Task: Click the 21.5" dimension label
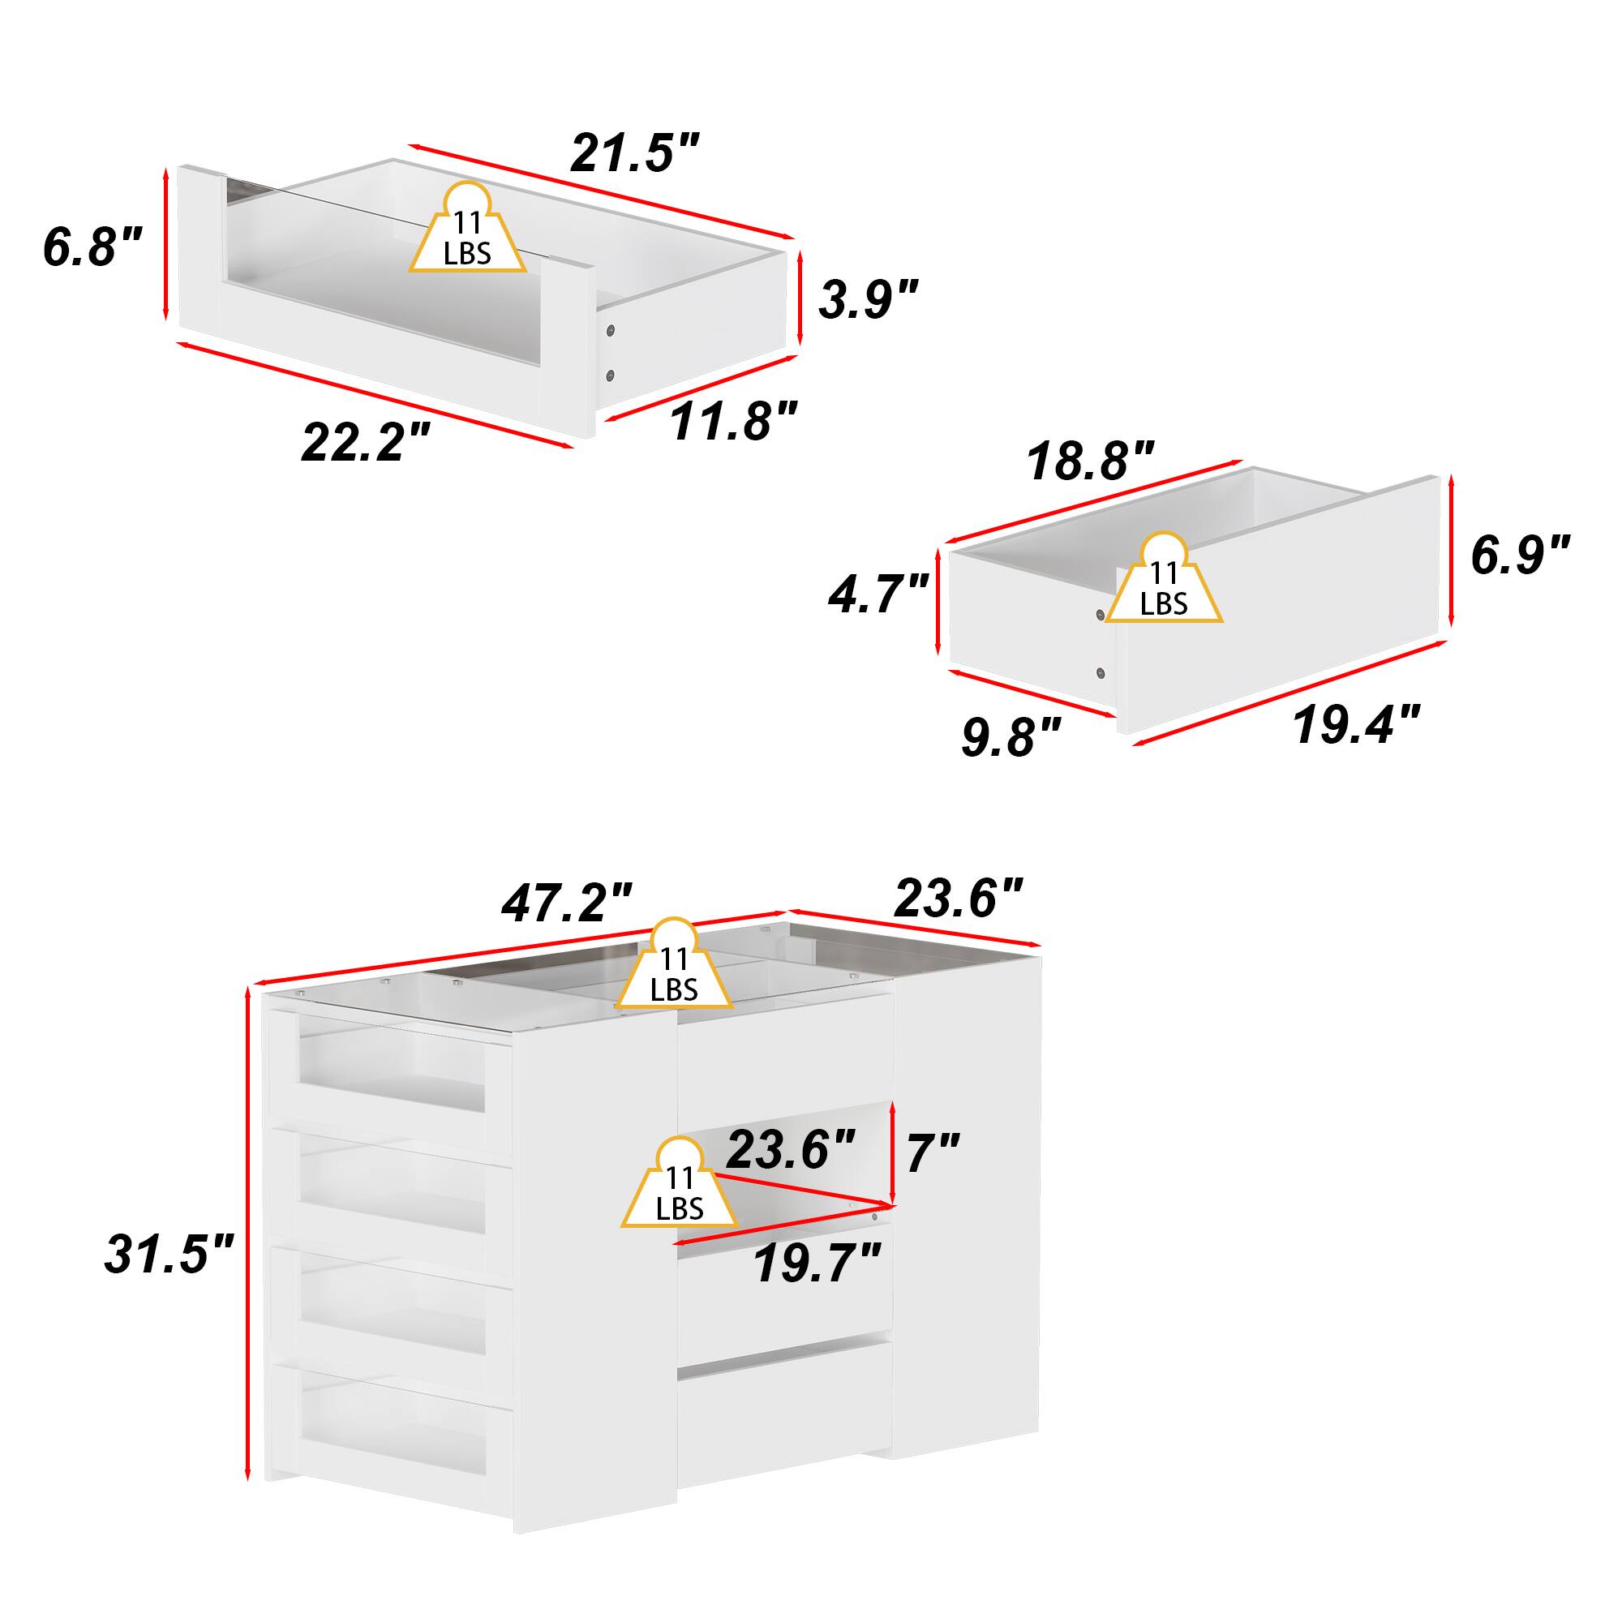[635, 152]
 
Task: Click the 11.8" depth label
[732, 419]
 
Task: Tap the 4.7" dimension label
[878, 593]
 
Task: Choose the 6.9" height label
[1520, 555]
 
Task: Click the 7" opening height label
[932, 1152]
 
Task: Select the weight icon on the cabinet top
[674, 974]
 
